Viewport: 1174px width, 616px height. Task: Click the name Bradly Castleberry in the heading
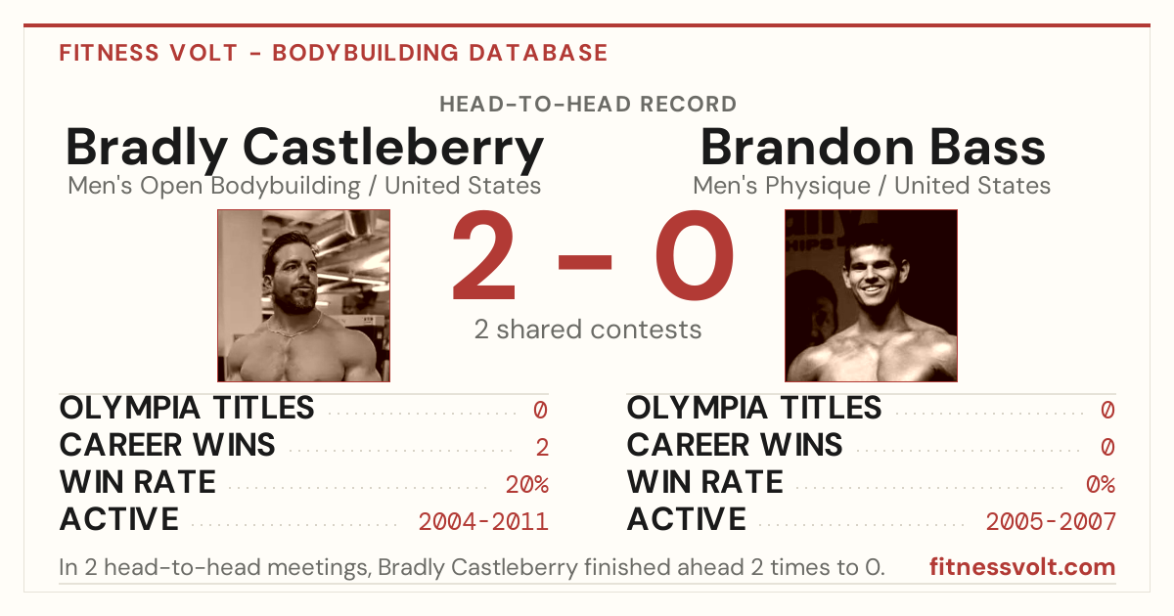(304, 149)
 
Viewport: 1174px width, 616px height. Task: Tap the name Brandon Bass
(873, 148)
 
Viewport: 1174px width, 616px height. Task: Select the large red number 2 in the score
(483, 254)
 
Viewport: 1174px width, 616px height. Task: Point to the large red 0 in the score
(695, 254)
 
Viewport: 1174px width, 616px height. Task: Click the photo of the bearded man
(303, 295)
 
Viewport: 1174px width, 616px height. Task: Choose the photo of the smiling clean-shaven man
(871, 295)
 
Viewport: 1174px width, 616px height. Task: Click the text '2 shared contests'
(588, 330)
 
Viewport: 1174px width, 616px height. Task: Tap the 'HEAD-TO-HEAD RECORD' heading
(588, 105)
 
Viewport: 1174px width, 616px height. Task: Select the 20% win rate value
(527, 485)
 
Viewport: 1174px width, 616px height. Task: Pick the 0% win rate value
(1100, 485)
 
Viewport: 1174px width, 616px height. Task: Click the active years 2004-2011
(483, 522)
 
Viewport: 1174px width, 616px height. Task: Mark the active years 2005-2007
(1051, 522)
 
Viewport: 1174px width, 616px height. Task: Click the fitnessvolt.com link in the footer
(1022, 567)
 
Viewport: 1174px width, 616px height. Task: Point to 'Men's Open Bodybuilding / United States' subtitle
(304, 186)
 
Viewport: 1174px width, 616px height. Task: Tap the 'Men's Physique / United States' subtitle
(872, 186)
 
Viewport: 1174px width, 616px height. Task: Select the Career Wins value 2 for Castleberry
(542, 448)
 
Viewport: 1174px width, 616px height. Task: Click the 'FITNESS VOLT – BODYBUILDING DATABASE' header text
(334, 53)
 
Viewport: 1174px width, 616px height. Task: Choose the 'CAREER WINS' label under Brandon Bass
(735, 445)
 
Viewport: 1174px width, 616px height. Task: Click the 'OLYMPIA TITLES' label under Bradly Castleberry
(187, 408)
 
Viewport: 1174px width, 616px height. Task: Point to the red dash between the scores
(585, 262)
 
